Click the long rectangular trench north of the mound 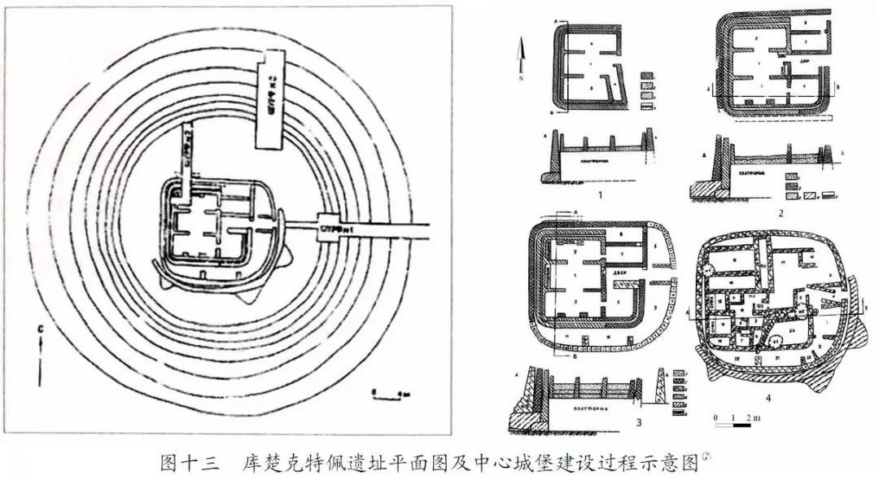click(269, 102)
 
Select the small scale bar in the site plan click(382, 393)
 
